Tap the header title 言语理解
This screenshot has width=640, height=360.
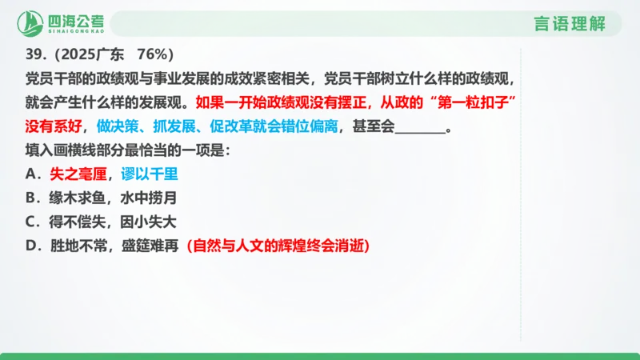tap(570, 24)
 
